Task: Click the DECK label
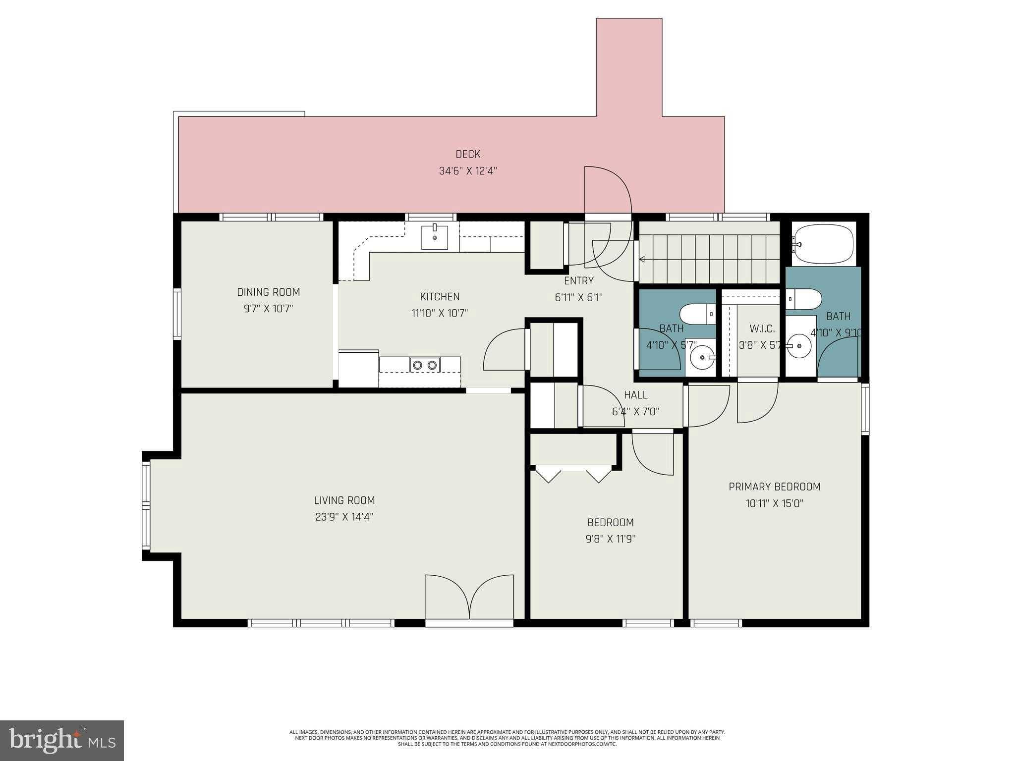[468, 154]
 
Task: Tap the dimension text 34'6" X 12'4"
[468, 171]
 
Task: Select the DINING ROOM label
[268, 292]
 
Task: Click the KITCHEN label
[440, 296]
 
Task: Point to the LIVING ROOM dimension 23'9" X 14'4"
[344, 517]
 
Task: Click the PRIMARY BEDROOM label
[774, 487]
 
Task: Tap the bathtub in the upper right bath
[823, 245]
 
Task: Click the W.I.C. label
[762, 328]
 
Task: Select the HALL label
[635, 395]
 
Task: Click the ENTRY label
[578, 280]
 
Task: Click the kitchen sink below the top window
[435, 237]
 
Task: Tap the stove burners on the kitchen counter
[425, 365]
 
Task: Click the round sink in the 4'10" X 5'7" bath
[702, 355]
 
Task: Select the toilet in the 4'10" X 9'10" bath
[804, 299]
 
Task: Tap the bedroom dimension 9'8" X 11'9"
[610, 539]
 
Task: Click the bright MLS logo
[62, 741]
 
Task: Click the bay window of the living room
[146, 505]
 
